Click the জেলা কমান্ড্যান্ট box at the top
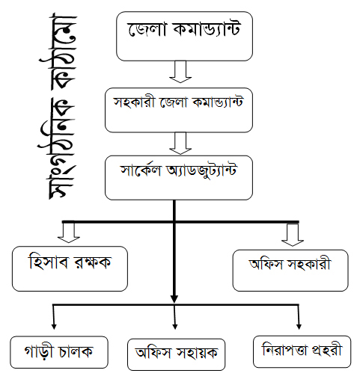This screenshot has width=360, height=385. click(x=184, y=36)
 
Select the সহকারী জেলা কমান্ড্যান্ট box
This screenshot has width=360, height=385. click(x=179, y=110)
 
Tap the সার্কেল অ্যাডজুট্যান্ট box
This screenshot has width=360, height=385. click(x=179, y=178)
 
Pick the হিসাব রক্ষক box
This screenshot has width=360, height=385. click(x=70, y=268)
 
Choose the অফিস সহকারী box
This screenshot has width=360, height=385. click(x=290, y=271)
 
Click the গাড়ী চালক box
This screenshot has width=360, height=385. click(x=59, y=352)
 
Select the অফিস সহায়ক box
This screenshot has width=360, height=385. click(x=176, y=354)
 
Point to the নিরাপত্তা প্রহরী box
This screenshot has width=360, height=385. click(x=302, y=351)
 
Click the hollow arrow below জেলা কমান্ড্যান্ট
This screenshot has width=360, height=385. click(x=180, y=72)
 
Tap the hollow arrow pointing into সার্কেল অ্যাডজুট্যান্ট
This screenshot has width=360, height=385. click(x=180, y=144)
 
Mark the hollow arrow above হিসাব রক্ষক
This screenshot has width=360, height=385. click(x=69, y=232)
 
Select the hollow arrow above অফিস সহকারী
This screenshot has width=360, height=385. click(x=293, y=235)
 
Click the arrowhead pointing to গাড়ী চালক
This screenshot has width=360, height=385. click(x=54, y=327)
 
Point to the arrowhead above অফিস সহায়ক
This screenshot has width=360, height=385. click(x=175, y=327)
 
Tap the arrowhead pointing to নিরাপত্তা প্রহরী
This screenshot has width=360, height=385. click(x=299, y=327)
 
